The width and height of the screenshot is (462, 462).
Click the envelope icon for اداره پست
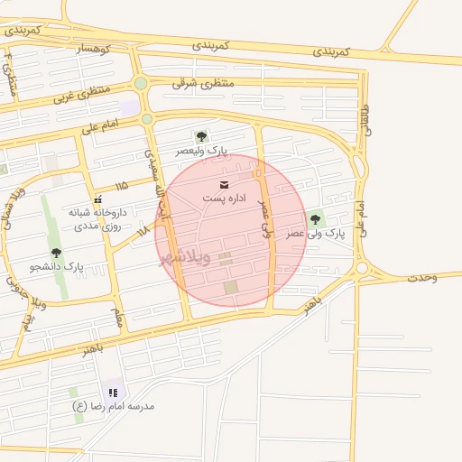tap(224, 184)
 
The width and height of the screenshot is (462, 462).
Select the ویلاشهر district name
tap(184, 258)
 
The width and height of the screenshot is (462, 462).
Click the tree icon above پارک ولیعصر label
tap(201, 137)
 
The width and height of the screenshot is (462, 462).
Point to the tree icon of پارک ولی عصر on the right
tap(315, 218)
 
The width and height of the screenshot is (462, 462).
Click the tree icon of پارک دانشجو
tap(56, 254)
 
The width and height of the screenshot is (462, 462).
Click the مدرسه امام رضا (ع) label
tap(114, 406)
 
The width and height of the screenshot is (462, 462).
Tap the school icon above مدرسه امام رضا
tap(113, 393)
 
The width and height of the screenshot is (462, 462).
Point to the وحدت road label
tap(421, 277)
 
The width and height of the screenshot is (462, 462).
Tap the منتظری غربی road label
tap(81, 94)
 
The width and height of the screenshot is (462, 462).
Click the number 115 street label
tap(122, 184)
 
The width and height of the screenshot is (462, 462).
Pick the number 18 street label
tap(143, 232)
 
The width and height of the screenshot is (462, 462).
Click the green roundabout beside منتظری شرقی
tap(141, 84)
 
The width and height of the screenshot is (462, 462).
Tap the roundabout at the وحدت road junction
tap(362, 268)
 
